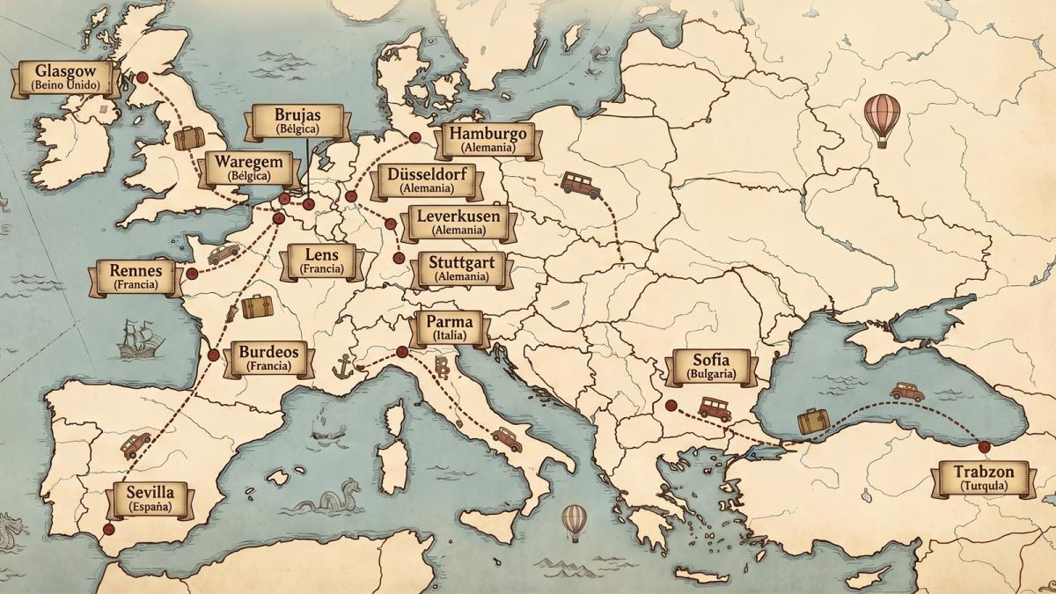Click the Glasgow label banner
click(65, 78)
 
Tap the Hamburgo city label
click(487, 140)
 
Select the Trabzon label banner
click(983, 479)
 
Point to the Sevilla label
click(150, 499)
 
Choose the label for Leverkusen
click(458, 223)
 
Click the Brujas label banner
click(297, 121)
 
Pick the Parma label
click(450, 327)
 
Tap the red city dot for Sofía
click(671, 406)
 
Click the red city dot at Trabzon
click(984, 447)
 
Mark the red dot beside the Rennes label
click(192, 274)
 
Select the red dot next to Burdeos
click(213, 356)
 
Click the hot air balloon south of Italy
click(574, 521)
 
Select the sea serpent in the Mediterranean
click(339, 497)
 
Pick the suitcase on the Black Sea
click(813, 422)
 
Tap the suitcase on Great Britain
click(188, 138)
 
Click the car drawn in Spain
click(136, 444)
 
